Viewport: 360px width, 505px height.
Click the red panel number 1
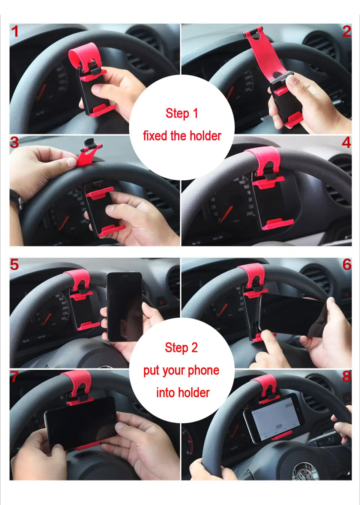[15, 31]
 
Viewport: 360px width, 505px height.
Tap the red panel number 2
[347, 31]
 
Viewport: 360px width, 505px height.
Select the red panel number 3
[14, 142]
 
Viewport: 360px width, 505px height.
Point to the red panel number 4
[346, 142]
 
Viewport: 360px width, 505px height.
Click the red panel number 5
[14, 264]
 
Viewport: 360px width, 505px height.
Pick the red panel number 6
[347, 264]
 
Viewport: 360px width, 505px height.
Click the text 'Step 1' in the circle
[181, 113]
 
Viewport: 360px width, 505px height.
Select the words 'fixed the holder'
[182, 136]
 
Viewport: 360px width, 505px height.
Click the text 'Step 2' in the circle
[181, 348]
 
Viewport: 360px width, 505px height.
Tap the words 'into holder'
[183, 393]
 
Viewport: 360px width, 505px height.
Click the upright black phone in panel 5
[124, 307]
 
